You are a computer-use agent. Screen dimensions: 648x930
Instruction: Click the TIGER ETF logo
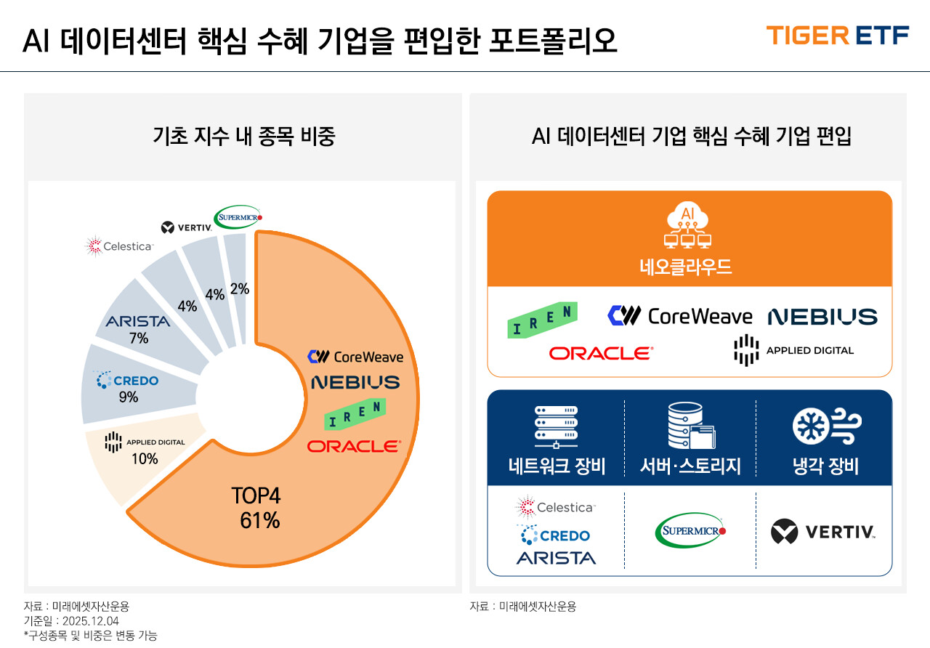pos(837,35)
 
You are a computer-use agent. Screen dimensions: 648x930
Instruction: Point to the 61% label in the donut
pos(259,521)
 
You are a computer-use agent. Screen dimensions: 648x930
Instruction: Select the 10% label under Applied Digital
pos(145,459)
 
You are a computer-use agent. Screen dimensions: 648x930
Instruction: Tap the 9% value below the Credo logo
pos(129,397)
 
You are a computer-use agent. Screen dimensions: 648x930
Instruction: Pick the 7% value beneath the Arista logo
pos(138,338)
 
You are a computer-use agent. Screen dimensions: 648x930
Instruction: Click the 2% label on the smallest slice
pos(239,289)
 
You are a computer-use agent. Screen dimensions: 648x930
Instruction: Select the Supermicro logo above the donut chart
pos(238,216)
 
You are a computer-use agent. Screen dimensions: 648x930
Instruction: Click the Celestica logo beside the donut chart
pos(120,247)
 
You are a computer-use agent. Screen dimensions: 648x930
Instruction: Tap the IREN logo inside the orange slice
pos(355,414)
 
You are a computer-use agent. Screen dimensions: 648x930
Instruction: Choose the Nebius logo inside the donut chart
pos(355,382)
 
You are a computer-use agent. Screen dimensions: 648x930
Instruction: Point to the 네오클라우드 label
pos(690,267)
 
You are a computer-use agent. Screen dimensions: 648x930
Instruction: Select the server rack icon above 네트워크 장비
pos(556,426)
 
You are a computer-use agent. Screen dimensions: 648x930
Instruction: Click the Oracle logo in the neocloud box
pos(601,353)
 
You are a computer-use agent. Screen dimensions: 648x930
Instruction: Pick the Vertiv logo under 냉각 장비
pos(822,532)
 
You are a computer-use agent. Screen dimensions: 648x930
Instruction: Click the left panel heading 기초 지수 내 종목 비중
pos(244,136)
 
